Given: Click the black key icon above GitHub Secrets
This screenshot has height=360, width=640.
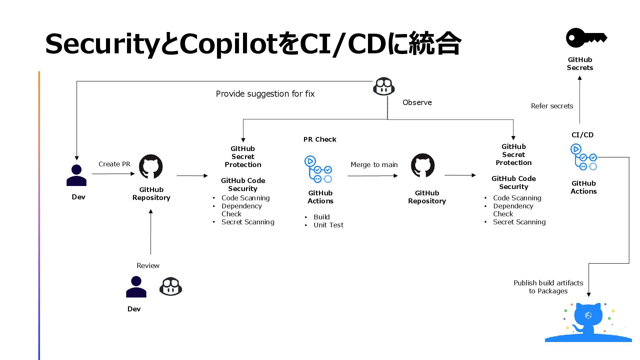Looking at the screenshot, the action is [x=586, y=38].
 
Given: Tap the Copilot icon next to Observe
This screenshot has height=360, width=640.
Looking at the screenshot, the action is [x=384, y=87].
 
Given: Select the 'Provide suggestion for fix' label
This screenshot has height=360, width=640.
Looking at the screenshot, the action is [x=265, y=94].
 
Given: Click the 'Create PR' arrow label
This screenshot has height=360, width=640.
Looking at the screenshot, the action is [x=114, y=164].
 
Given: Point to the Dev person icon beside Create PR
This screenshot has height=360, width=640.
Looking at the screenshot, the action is [x=76, y=175].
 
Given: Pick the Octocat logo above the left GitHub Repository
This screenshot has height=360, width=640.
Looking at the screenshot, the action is [x=151, y=167].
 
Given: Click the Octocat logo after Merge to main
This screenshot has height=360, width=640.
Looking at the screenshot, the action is [x=423, y=166].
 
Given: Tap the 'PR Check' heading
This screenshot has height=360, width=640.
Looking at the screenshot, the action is [x=320, y=139].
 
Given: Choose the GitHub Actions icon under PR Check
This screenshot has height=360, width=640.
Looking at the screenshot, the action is [x=318, y=169].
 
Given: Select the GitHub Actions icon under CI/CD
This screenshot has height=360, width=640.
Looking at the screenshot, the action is [x=583, y=157].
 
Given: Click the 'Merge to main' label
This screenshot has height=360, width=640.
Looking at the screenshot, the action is [x=374, y=165].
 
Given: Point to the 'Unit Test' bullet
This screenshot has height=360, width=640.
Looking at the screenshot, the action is [x=328, y=225].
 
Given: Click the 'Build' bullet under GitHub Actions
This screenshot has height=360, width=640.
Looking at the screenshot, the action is [x=322, y=217].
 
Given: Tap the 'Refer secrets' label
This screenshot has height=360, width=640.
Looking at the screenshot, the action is [x=552, y=106].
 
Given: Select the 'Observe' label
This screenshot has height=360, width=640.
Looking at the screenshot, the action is [x=417, y=103].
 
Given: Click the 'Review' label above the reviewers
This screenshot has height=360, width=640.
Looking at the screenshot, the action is [x=148, y=266].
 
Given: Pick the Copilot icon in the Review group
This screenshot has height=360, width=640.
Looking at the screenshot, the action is [x=171, y=286].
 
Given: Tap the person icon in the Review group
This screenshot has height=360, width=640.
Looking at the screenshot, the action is [x=136, y=287].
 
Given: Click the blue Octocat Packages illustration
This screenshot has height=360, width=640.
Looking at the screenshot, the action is [x=588, y=322].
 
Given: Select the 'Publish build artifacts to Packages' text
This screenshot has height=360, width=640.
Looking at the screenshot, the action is [x=548, y=287].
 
